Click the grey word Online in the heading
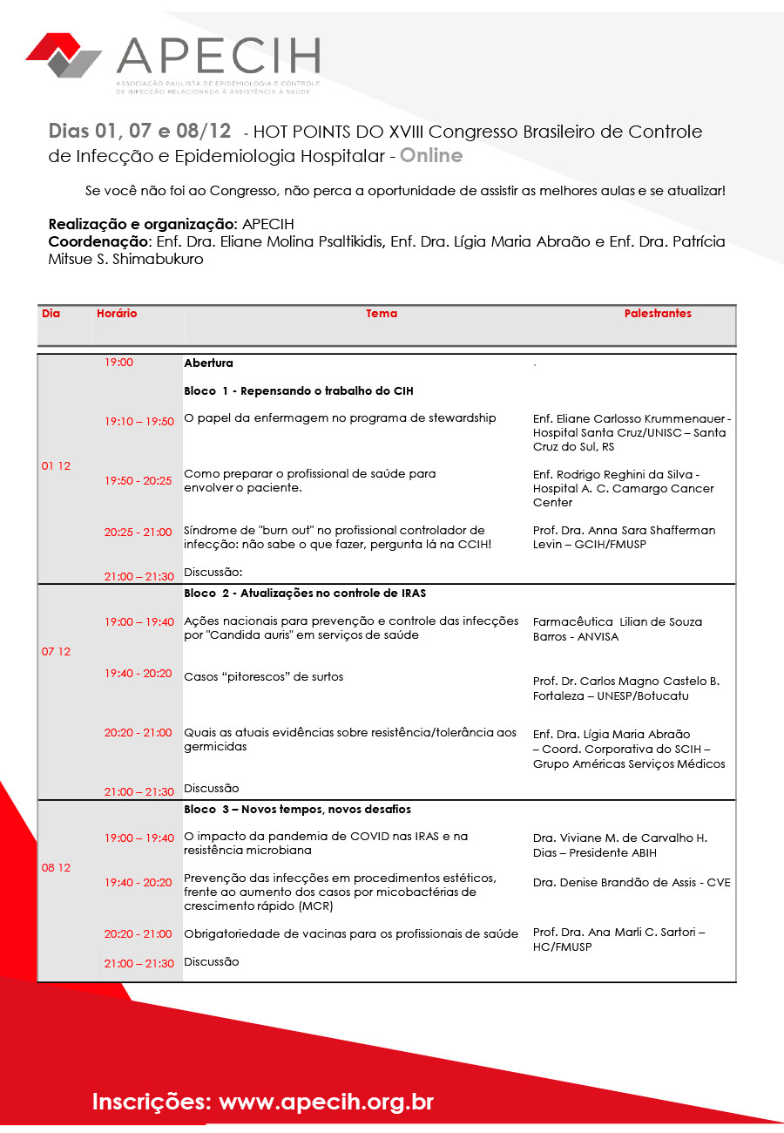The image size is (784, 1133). pyautogui.click(x=431, y=156)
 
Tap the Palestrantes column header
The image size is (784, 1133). pyautogui.click(x=658, y=314)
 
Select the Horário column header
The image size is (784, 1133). pyautogui.click(x=117, y=314)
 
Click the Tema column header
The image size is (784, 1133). pyautogui.click(x=382, y=314)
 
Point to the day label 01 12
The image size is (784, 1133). pyautogui.click(x=56, y=466)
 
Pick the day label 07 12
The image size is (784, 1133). pyautogui.click(x=56, y=652)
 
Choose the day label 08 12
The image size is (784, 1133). pyautogui.click(x=56, y=868)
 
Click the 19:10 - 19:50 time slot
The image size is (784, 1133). pyautogui.click(x=139, y=422)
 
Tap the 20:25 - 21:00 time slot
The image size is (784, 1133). pyautogui.click(x=139, y=533)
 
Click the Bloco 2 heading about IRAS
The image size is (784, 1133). pyautogui.click(x=304, y=594)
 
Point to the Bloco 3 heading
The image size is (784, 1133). pyautogui.click(x=297, y=810)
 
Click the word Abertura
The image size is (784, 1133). pyautogui.click(x=208, y=363)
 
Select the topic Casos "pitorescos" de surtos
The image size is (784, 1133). pyautogui.click(x=263, y=677)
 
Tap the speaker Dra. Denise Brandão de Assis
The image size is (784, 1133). pyautogui.click(x=632, y=883)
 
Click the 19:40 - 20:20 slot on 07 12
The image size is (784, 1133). pyautogui.click(x=139, y=674)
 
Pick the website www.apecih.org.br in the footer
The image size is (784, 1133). pyautogui.click(x=326, y=1102)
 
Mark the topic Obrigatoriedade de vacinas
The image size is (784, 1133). pyautogui.click(x=351, y=934)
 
